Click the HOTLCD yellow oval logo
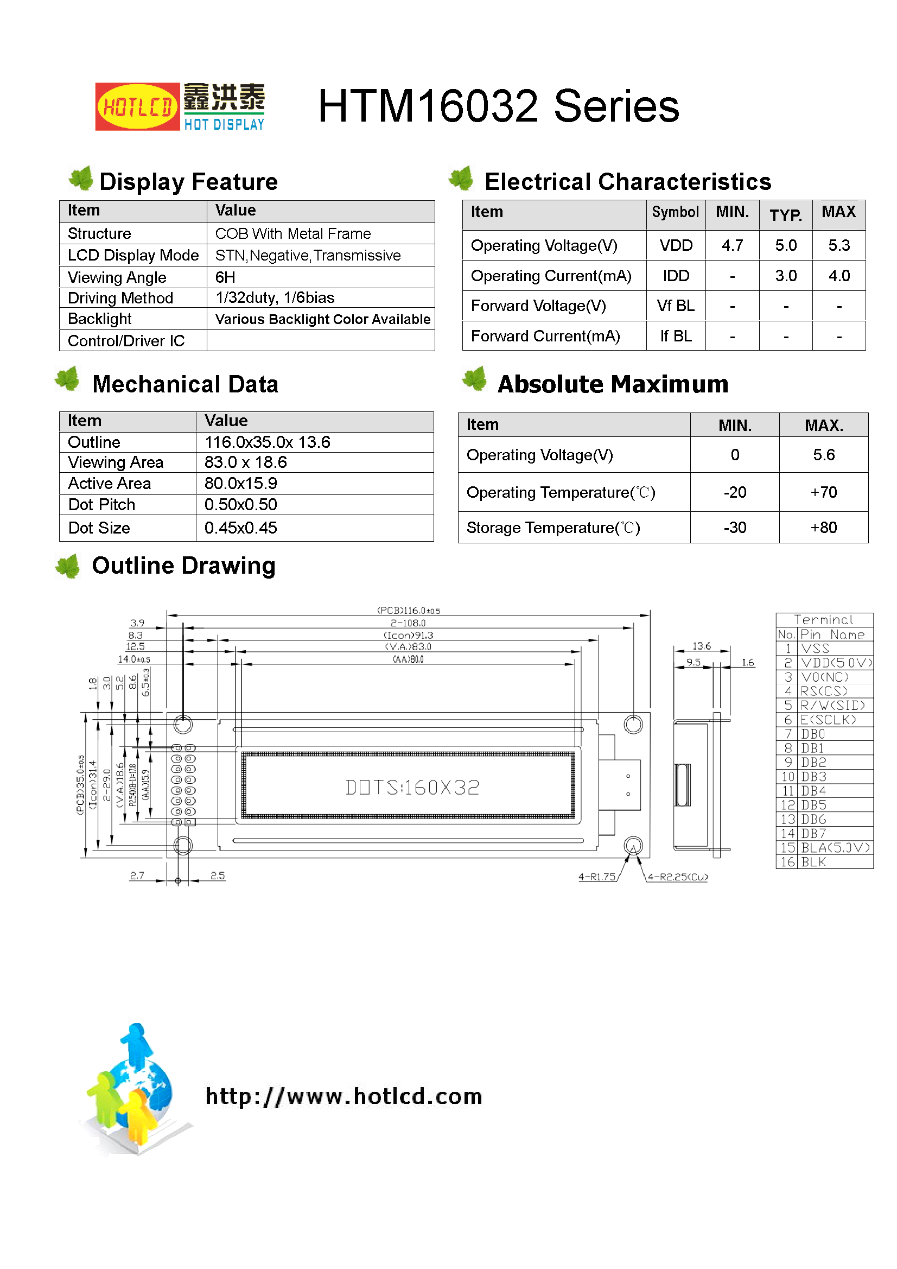click(137, 107)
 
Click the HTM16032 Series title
click(498, 106)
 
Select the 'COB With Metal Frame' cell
click(293, 234)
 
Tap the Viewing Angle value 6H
click(226, 277)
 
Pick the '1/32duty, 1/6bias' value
click(275, 298)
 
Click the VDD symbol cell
click(676, 245)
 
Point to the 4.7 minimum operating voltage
click(731, 245)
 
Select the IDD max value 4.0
click(838, 276)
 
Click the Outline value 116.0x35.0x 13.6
click(268, 442)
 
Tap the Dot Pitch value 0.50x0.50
click(241, 505)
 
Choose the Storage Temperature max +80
click(823, 528)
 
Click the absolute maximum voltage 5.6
click(823, 455)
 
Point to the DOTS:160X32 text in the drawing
click(412, 787)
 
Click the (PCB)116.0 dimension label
click(409, 611)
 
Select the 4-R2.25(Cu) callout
click(677, 877)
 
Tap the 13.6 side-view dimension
click(701, 646)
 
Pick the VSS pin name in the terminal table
click(815, 648)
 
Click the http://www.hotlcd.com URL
click(343, 1096)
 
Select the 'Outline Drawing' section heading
click(183, 566)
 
